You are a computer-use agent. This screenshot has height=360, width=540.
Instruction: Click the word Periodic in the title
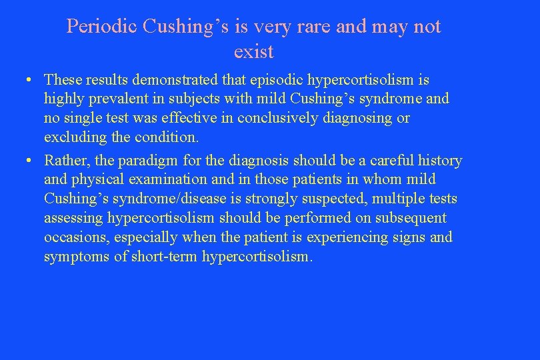[x=101, y=27]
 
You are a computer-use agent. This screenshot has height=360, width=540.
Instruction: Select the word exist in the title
[x=254, y=51]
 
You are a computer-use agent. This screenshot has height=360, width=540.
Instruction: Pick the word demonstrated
[x=176, y=80]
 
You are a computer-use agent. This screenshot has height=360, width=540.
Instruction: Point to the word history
[x=437, y=161]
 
